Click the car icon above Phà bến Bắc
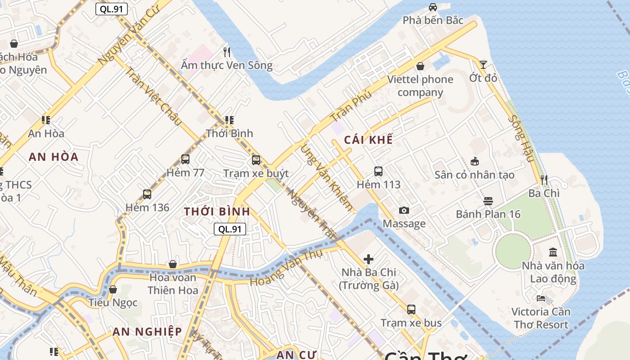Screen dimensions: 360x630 pyautogui.click(x=432, y=7)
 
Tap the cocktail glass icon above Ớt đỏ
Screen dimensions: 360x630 pyautogui.click(x=483, y=65)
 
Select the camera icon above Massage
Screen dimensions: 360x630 pyautogui.click(x=404, y=210)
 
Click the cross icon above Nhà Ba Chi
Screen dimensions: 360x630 pyautogui.click(x=369, y=259)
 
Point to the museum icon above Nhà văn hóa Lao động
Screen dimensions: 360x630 pyautogui.click(x=553, y=252)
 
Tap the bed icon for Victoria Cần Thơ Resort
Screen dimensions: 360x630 pyautogui.click(x=541, y=298)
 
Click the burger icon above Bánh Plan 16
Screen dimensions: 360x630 pyautogui.click(x=488, y=201)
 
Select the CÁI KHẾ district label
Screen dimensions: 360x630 pyautogui.click(x=368, y=140)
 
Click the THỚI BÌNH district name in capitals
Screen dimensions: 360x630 pyautogui.click(x=217, y=211)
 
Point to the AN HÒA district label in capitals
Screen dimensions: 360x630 pyautogui.click(x=54, y=157)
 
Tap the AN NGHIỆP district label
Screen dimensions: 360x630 pyautogui.click(x=147, y=332)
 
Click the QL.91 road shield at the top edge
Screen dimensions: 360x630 pyautogui.click(x=112, y=9)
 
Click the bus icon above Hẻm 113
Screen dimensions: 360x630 pyautogui.click(x=378, y=171)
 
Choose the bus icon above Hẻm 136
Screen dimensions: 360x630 pyautogui.click(x=147, y=194)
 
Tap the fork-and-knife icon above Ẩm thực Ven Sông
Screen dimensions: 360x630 pyautogui.click(x=227, y=52)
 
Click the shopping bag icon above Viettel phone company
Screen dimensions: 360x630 pyautogui.click(x=420, y=66)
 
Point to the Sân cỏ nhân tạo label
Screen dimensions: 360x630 pyautogui.click(x=474, y=175)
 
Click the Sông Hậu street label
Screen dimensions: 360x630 pyautogui.click(x=521, y=139)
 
